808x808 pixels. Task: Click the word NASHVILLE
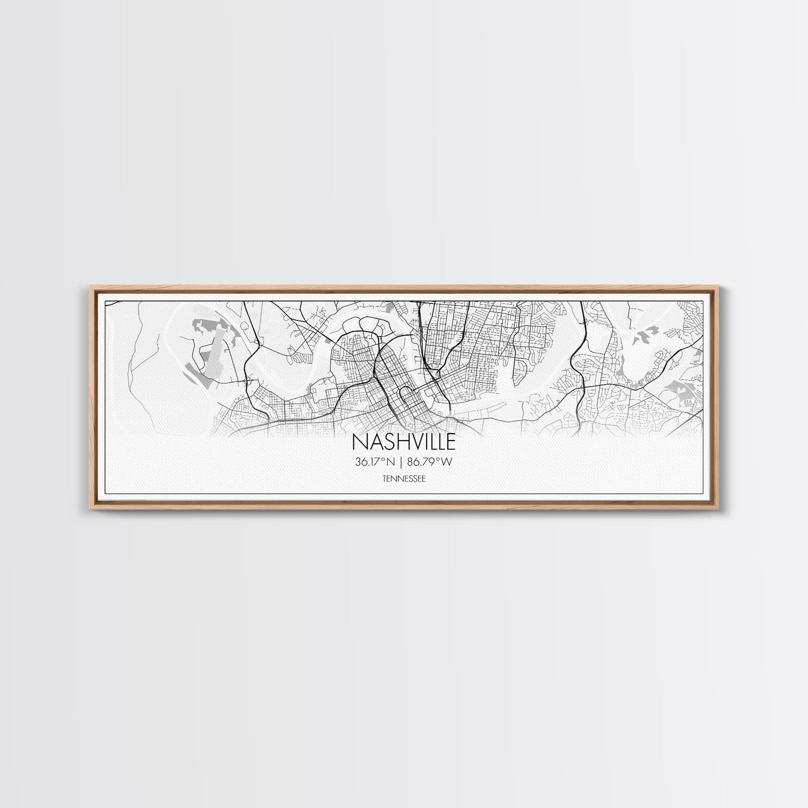click(403, 442)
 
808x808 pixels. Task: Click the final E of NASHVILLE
click(450, 442)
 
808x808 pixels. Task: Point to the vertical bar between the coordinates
click(403, 462)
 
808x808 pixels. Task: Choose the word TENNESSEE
click(403, 478)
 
